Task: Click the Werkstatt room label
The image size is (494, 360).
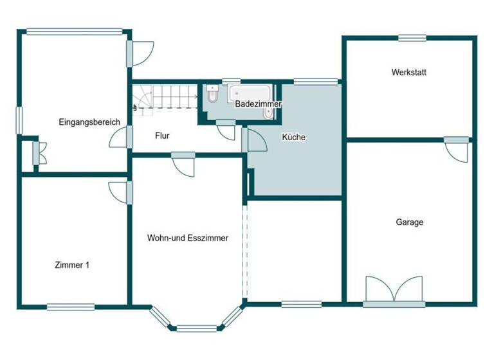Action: coord(408,73)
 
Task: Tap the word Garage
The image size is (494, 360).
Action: coord(409,222)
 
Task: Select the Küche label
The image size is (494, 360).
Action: coord(293,137)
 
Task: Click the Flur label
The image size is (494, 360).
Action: coord(163,136)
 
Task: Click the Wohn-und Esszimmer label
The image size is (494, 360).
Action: coord(188,238)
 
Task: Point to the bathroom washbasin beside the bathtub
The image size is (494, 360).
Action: coord(268,113)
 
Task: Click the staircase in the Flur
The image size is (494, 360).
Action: coord(165,100)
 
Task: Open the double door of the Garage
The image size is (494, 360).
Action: coord(394,291)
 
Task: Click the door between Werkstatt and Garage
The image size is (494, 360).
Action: coord(457,149)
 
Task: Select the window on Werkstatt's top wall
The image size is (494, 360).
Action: coord(412,38)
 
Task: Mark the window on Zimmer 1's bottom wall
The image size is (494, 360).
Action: coord(71,307)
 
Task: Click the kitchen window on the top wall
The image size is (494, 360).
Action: coord(315,82)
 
